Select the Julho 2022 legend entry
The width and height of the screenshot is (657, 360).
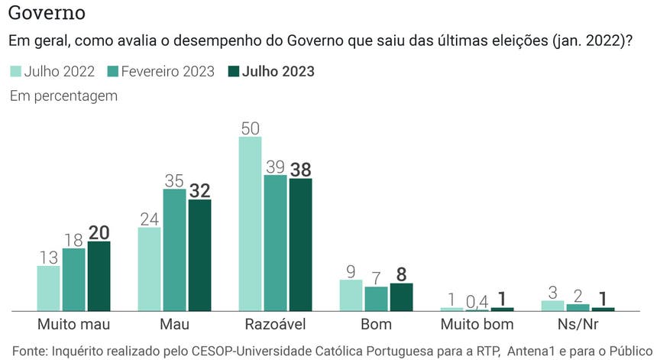pyautogui.click(x=53, y=72)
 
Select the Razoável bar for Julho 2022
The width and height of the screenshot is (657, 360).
pyautogui.click(x=250, y=224)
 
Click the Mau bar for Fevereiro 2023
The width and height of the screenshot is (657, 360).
pyautogui.click(x=174, y=250)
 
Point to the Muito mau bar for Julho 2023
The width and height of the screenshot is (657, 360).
pyautogui.click(x=99, y=276)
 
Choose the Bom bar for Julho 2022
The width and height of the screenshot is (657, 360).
pyautogui.click(x=351, y=295)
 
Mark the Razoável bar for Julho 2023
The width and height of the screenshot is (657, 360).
pyautogui.click(x=300, y=245)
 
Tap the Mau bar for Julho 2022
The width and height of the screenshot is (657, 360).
pyautogui.click(x=149, y=269)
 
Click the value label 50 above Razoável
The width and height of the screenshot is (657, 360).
pyautogui.click(x=250, y=128)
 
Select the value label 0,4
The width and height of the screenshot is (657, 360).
pyautogui.click(x=477, y=300)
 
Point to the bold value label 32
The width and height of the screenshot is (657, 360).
pyautogui.click(x=199, y=190)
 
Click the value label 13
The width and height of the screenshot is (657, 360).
pyautogui.click(x=48, y=256)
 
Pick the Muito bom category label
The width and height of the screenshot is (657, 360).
pyautogui.click(x=477, y=325)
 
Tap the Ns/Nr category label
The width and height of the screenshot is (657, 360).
pyautogui.click(x=578, y=325)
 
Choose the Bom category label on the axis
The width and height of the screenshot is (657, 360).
pyautogui.click(x=376, y=325)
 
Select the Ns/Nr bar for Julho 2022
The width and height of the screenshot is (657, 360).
pyautogui.click(x=552, y=305)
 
